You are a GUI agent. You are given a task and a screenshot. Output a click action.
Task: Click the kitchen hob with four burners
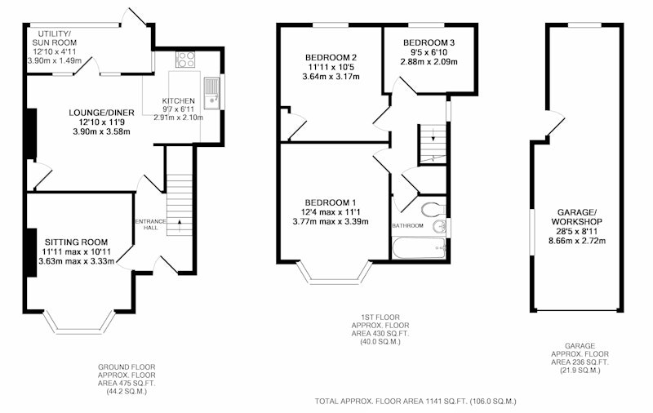(186, 59)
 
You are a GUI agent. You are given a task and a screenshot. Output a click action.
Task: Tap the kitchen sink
(212, 93)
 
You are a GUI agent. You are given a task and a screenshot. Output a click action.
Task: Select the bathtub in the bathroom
(420, 248)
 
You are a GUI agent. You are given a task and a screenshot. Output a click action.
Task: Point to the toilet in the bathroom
(433, 210)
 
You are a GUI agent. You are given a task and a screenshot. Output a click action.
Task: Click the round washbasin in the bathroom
(439, 227)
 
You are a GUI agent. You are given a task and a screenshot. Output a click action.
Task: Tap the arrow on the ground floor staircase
(180, 225)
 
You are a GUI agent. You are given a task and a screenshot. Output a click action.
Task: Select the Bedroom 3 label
(429, 42)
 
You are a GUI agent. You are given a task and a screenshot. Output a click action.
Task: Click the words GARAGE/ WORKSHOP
(577, 216)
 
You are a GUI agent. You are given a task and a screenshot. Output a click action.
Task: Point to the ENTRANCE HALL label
(150, 224)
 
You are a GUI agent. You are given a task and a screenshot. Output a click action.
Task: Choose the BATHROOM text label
(407, 225)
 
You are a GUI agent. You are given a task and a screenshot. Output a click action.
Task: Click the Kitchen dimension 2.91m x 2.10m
(178, 118)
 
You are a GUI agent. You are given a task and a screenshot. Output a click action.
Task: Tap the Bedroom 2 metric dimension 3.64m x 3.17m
(331, 77)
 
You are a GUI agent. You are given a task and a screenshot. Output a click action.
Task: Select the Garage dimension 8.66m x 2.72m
(577, 241)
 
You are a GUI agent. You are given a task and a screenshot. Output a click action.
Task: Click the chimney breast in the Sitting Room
(32, 253)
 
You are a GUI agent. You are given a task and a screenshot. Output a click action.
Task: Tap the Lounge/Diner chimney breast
(32, 134)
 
